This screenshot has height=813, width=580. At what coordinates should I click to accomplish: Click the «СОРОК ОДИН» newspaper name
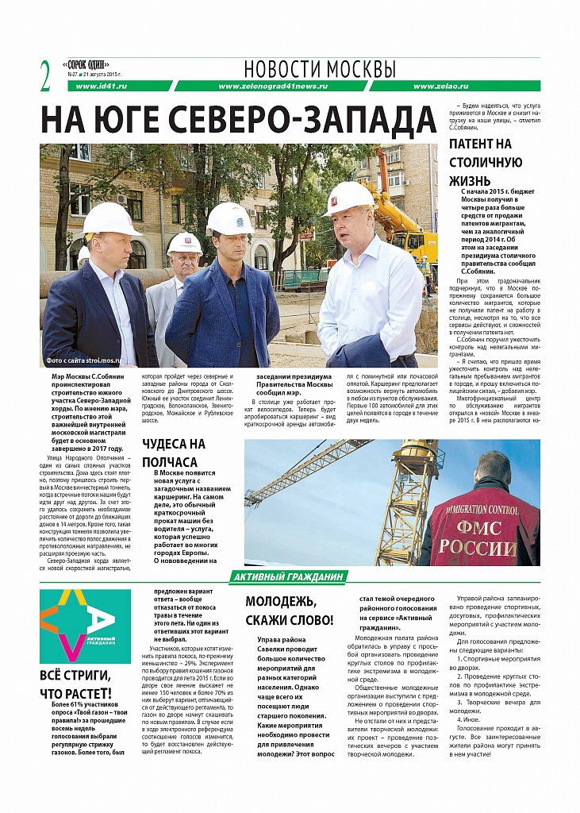(86, 64)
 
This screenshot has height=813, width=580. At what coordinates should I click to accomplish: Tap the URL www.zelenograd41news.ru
(274, 86)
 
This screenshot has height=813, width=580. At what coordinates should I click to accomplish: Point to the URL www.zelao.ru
(454, 86)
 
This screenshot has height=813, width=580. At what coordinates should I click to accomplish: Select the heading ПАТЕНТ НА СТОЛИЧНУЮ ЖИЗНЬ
(481, 162)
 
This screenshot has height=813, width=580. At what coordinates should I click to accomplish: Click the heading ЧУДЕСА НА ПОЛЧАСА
(173, 453)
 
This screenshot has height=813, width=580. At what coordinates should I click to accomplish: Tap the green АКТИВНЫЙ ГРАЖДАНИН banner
(289, 577)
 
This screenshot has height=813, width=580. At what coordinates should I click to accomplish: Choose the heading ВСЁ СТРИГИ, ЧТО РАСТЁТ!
(75, 684)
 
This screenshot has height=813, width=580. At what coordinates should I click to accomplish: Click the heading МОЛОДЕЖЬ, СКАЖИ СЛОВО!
(289, 610)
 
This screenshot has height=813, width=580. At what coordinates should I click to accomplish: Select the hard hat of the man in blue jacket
(229, 217)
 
